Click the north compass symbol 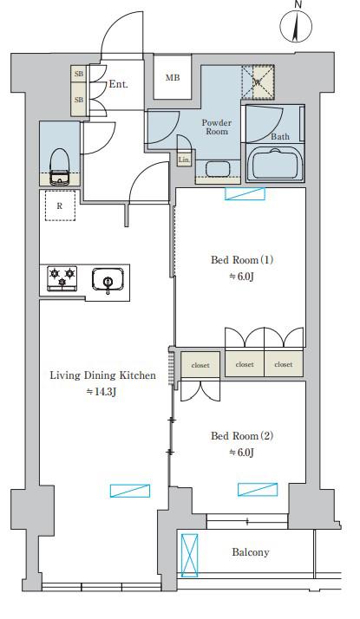point(296,24)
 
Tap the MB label point(173,78)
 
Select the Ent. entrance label point(119,84)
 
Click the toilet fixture point(60,166)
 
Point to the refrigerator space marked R point(60,205)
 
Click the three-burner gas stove point(62,278)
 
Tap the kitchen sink point(108,280)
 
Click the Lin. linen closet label point(184,160)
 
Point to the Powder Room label point(217,127)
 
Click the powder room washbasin point(218,168)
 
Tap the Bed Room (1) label point(242,260)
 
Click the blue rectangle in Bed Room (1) point(245,194)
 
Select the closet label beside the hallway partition point(200,366)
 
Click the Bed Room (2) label point(242,436)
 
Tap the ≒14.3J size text point(101,392)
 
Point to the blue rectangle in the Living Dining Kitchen point(130,491)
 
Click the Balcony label point(251,552)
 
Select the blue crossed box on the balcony point(190,555)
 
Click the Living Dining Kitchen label point(102,375)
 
